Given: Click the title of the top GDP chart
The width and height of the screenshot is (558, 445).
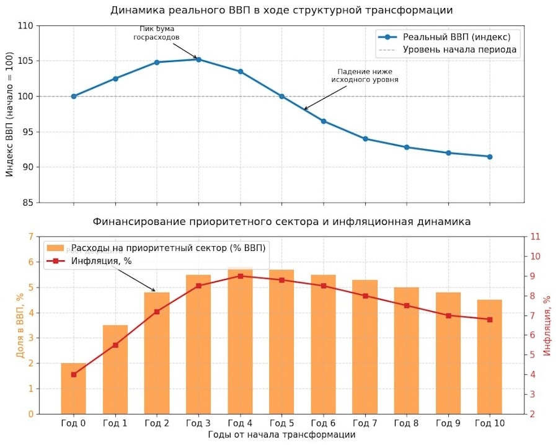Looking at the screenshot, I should pyautogui.click(x=281, y=11).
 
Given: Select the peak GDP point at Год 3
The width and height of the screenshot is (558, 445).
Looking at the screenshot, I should pyautogui.click(x=198, y=59).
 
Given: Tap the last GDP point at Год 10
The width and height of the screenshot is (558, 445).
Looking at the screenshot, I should pyautogui.click(x=490, y=157).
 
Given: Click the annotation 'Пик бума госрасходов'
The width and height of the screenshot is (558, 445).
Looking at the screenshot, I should pyautogui.click(x=156, y=33).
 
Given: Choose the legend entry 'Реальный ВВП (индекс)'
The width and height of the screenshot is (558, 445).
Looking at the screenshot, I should pyautogui.click(x=456, y=37).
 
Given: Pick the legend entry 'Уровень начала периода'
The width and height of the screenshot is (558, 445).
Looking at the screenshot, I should pyautogui.click(x=459, y=50).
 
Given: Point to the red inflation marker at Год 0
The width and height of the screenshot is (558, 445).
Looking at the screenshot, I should pyautogui.click(x=74, y=374).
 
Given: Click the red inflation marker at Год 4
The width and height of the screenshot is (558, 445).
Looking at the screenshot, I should pyautogui.click(x=240, y=276).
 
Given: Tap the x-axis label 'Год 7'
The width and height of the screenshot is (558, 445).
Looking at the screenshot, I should pyautogui.click(x=365, y=423).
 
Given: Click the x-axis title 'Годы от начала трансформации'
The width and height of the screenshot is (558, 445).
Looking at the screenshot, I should pyautogui.click(x=281, y=435).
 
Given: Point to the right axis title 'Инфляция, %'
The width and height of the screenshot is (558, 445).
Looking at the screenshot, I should pyautogui.click(x=547, y=325).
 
